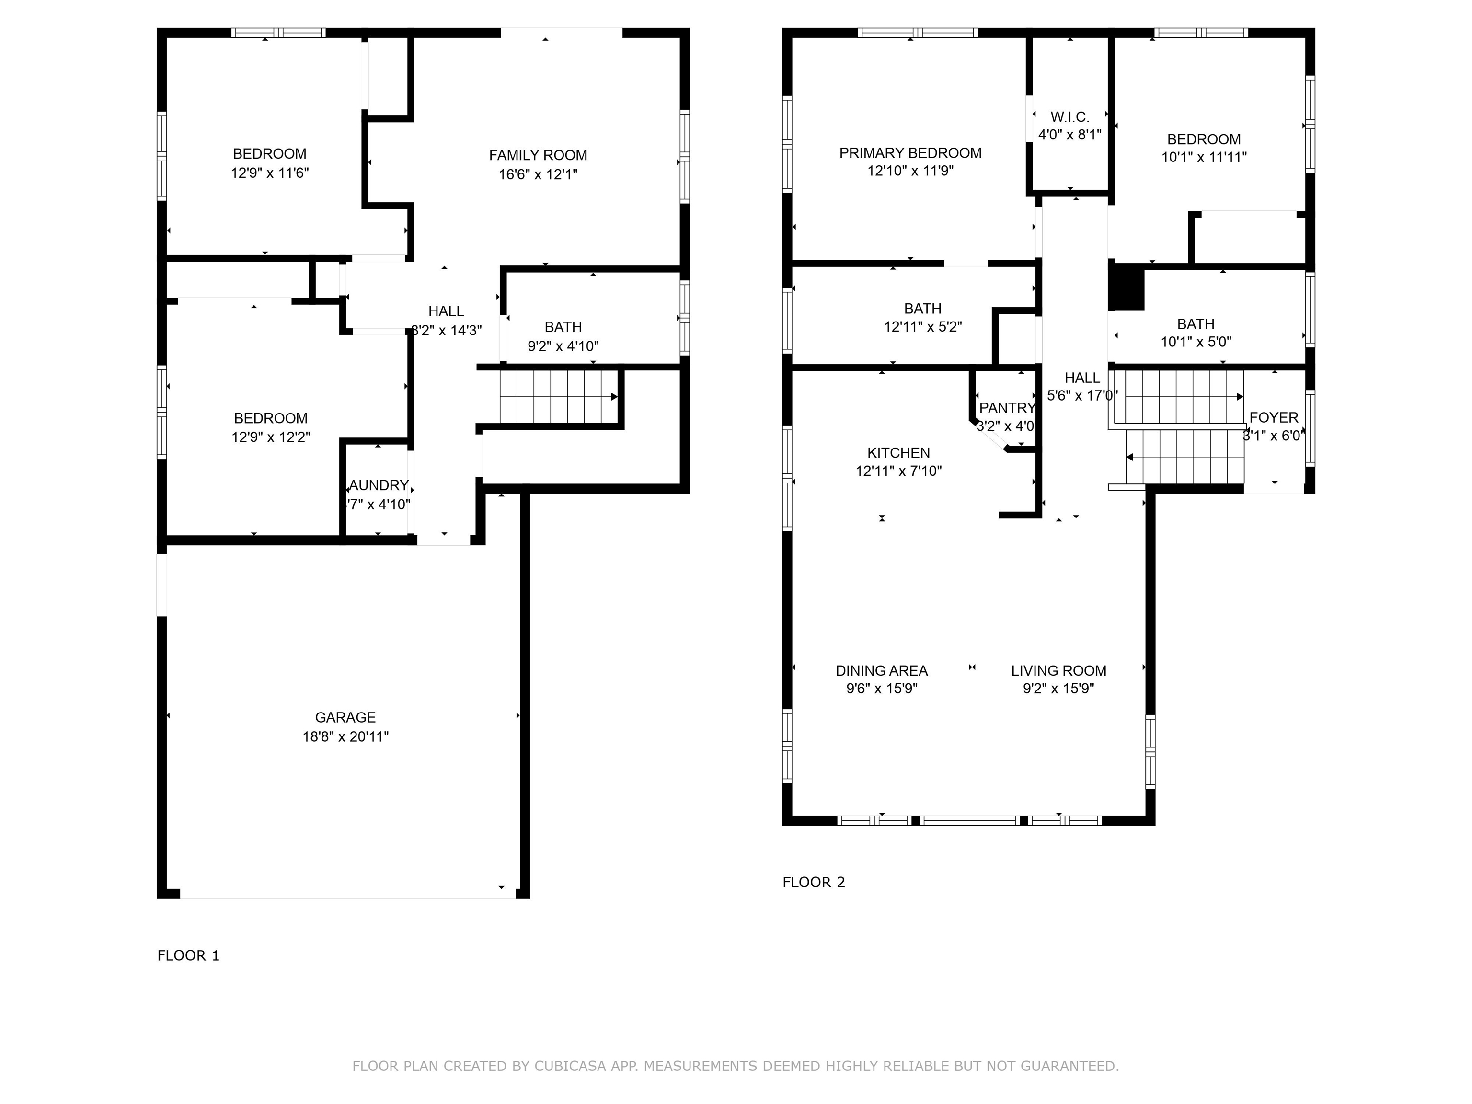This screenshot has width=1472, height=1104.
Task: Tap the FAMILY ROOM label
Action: coord(538,155)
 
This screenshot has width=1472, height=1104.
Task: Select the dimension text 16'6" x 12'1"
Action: coord(538,174)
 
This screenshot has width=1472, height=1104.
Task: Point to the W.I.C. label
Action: coord(1069,117)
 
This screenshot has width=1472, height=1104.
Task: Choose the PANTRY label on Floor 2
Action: coord(1007,408)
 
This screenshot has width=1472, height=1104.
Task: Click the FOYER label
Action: coord(1274,417)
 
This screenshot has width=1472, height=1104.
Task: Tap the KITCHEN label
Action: coord(898,452)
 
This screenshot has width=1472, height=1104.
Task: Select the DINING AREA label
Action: coord(881,671)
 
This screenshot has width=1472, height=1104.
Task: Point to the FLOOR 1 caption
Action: coord(188,955)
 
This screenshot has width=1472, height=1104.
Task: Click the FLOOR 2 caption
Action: coord(813,883)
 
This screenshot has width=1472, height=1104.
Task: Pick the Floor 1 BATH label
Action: coord(563,327)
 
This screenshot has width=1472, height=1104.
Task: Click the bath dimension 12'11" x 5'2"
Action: coord(922,327)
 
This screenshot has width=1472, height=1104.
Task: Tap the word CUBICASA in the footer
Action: coord(570,1066)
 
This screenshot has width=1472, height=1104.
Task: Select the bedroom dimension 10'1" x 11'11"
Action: coord(1203,157)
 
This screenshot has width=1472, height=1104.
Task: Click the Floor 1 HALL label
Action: coord(446,311)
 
